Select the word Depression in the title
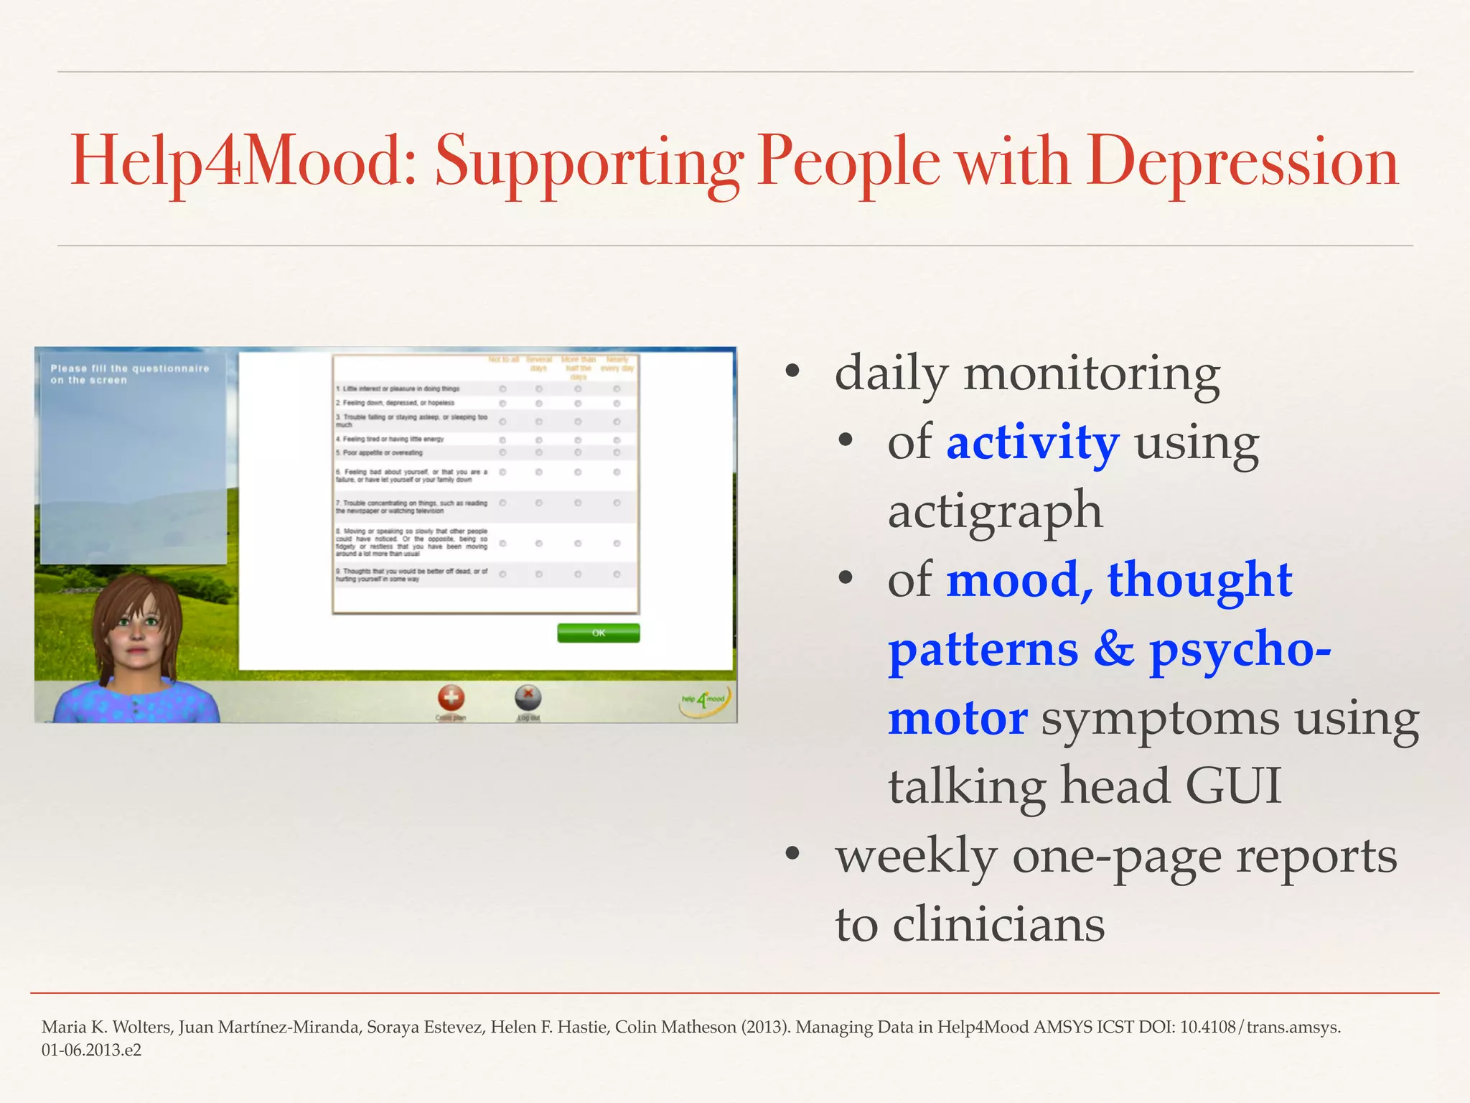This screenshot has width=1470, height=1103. click(x=1242, y=162)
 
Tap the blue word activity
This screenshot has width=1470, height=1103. click(x=1032, y=442)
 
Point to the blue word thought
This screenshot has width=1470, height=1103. click(x=1199, y=579)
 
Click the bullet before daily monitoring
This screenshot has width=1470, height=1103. click(x=792, y=372)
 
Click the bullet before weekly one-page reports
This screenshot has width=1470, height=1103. click(x=792, y=855)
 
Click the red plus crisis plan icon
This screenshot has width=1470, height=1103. click(x=451, y=697)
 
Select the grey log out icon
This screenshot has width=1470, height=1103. click(x=528, y=697)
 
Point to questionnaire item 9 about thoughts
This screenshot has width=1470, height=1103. click(x=411, y=574)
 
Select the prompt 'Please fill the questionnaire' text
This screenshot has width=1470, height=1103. click(x=129, y=373)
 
